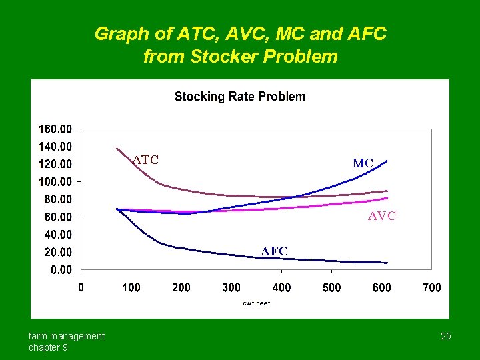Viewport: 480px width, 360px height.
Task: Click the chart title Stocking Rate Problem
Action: [x=240, y=97]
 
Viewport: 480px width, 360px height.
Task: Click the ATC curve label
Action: [x=145, y=159]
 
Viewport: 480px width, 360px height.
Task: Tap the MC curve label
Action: [x=363, y=163]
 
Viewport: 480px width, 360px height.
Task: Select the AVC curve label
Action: [x=382, y=216]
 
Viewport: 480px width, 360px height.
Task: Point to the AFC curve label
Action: [x=275, y=251]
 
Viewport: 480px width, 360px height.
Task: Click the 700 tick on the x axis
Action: [x=432, y=287]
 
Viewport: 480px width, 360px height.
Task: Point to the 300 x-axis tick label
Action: [x=231, y=287]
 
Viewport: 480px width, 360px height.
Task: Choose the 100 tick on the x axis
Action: [x=131, y=287]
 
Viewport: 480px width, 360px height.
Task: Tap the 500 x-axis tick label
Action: [x=331, y=287]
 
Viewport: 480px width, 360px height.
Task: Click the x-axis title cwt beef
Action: [x=256, y=303]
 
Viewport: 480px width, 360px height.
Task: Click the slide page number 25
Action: [x=446, y=336]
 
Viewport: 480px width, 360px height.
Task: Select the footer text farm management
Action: [x=67, y=336]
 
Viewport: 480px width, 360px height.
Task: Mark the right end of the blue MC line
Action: [x=387, y=161]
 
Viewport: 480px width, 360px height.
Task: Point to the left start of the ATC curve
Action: [x=117, y=148]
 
